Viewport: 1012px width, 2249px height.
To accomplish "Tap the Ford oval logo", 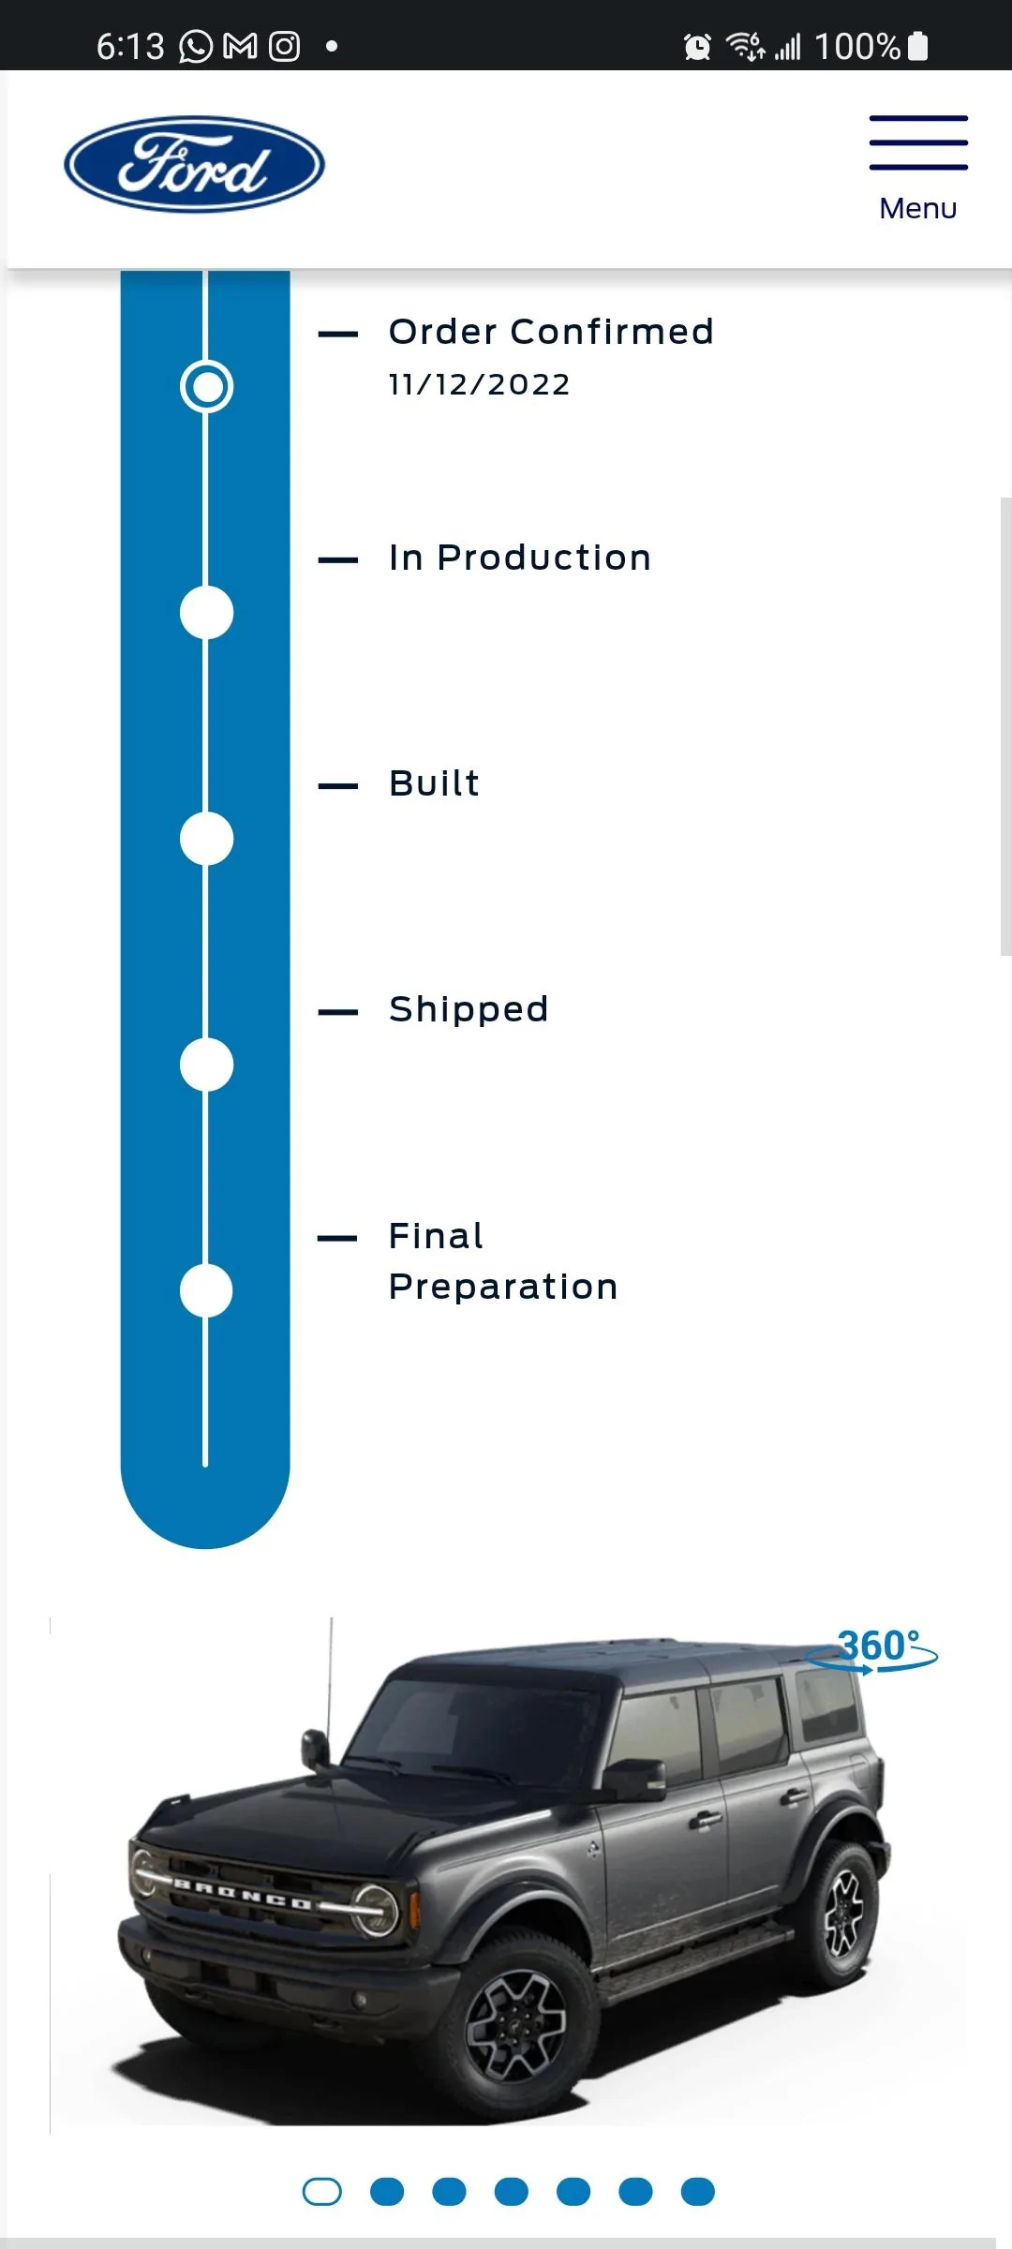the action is pos(195,165).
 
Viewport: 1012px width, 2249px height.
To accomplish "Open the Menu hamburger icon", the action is pos(918,142).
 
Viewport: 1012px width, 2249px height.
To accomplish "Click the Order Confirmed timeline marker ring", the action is pos(207,386).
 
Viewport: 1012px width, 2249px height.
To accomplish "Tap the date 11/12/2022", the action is pos(479,384).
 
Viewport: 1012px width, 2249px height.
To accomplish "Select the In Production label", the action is pos(520,558).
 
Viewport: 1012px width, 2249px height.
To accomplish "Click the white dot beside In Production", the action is pos(206,613).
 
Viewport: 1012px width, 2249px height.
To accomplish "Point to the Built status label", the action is pos(434,783).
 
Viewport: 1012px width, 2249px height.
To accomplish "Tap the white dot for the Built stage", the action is pos(206,839).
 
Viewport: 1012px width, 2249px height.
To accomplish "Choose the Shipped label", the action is pos(469,1010).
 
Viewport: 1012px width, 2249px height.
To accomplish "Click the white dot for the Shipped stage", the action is pos(206,1065).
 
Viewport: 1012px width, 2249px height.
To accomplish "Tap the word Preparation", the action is pos(503,1288).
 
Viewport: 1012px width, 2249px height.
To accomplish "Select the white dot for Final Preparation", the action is pos(206,1290).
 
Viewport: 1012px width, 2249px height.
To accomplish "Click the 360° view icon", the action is pos(873,1649).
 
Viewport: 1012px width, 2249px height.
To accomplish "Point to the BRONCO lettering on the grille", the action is pos(243,1894).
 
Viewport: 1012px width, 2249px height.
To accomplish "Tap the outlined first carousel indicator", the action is pos(322,2192).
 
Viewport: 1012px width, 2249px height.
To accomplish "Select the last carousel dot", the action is pos(698,2192).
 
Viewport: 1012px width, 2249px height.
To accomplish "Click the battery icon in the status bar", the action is pos(918,46).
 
